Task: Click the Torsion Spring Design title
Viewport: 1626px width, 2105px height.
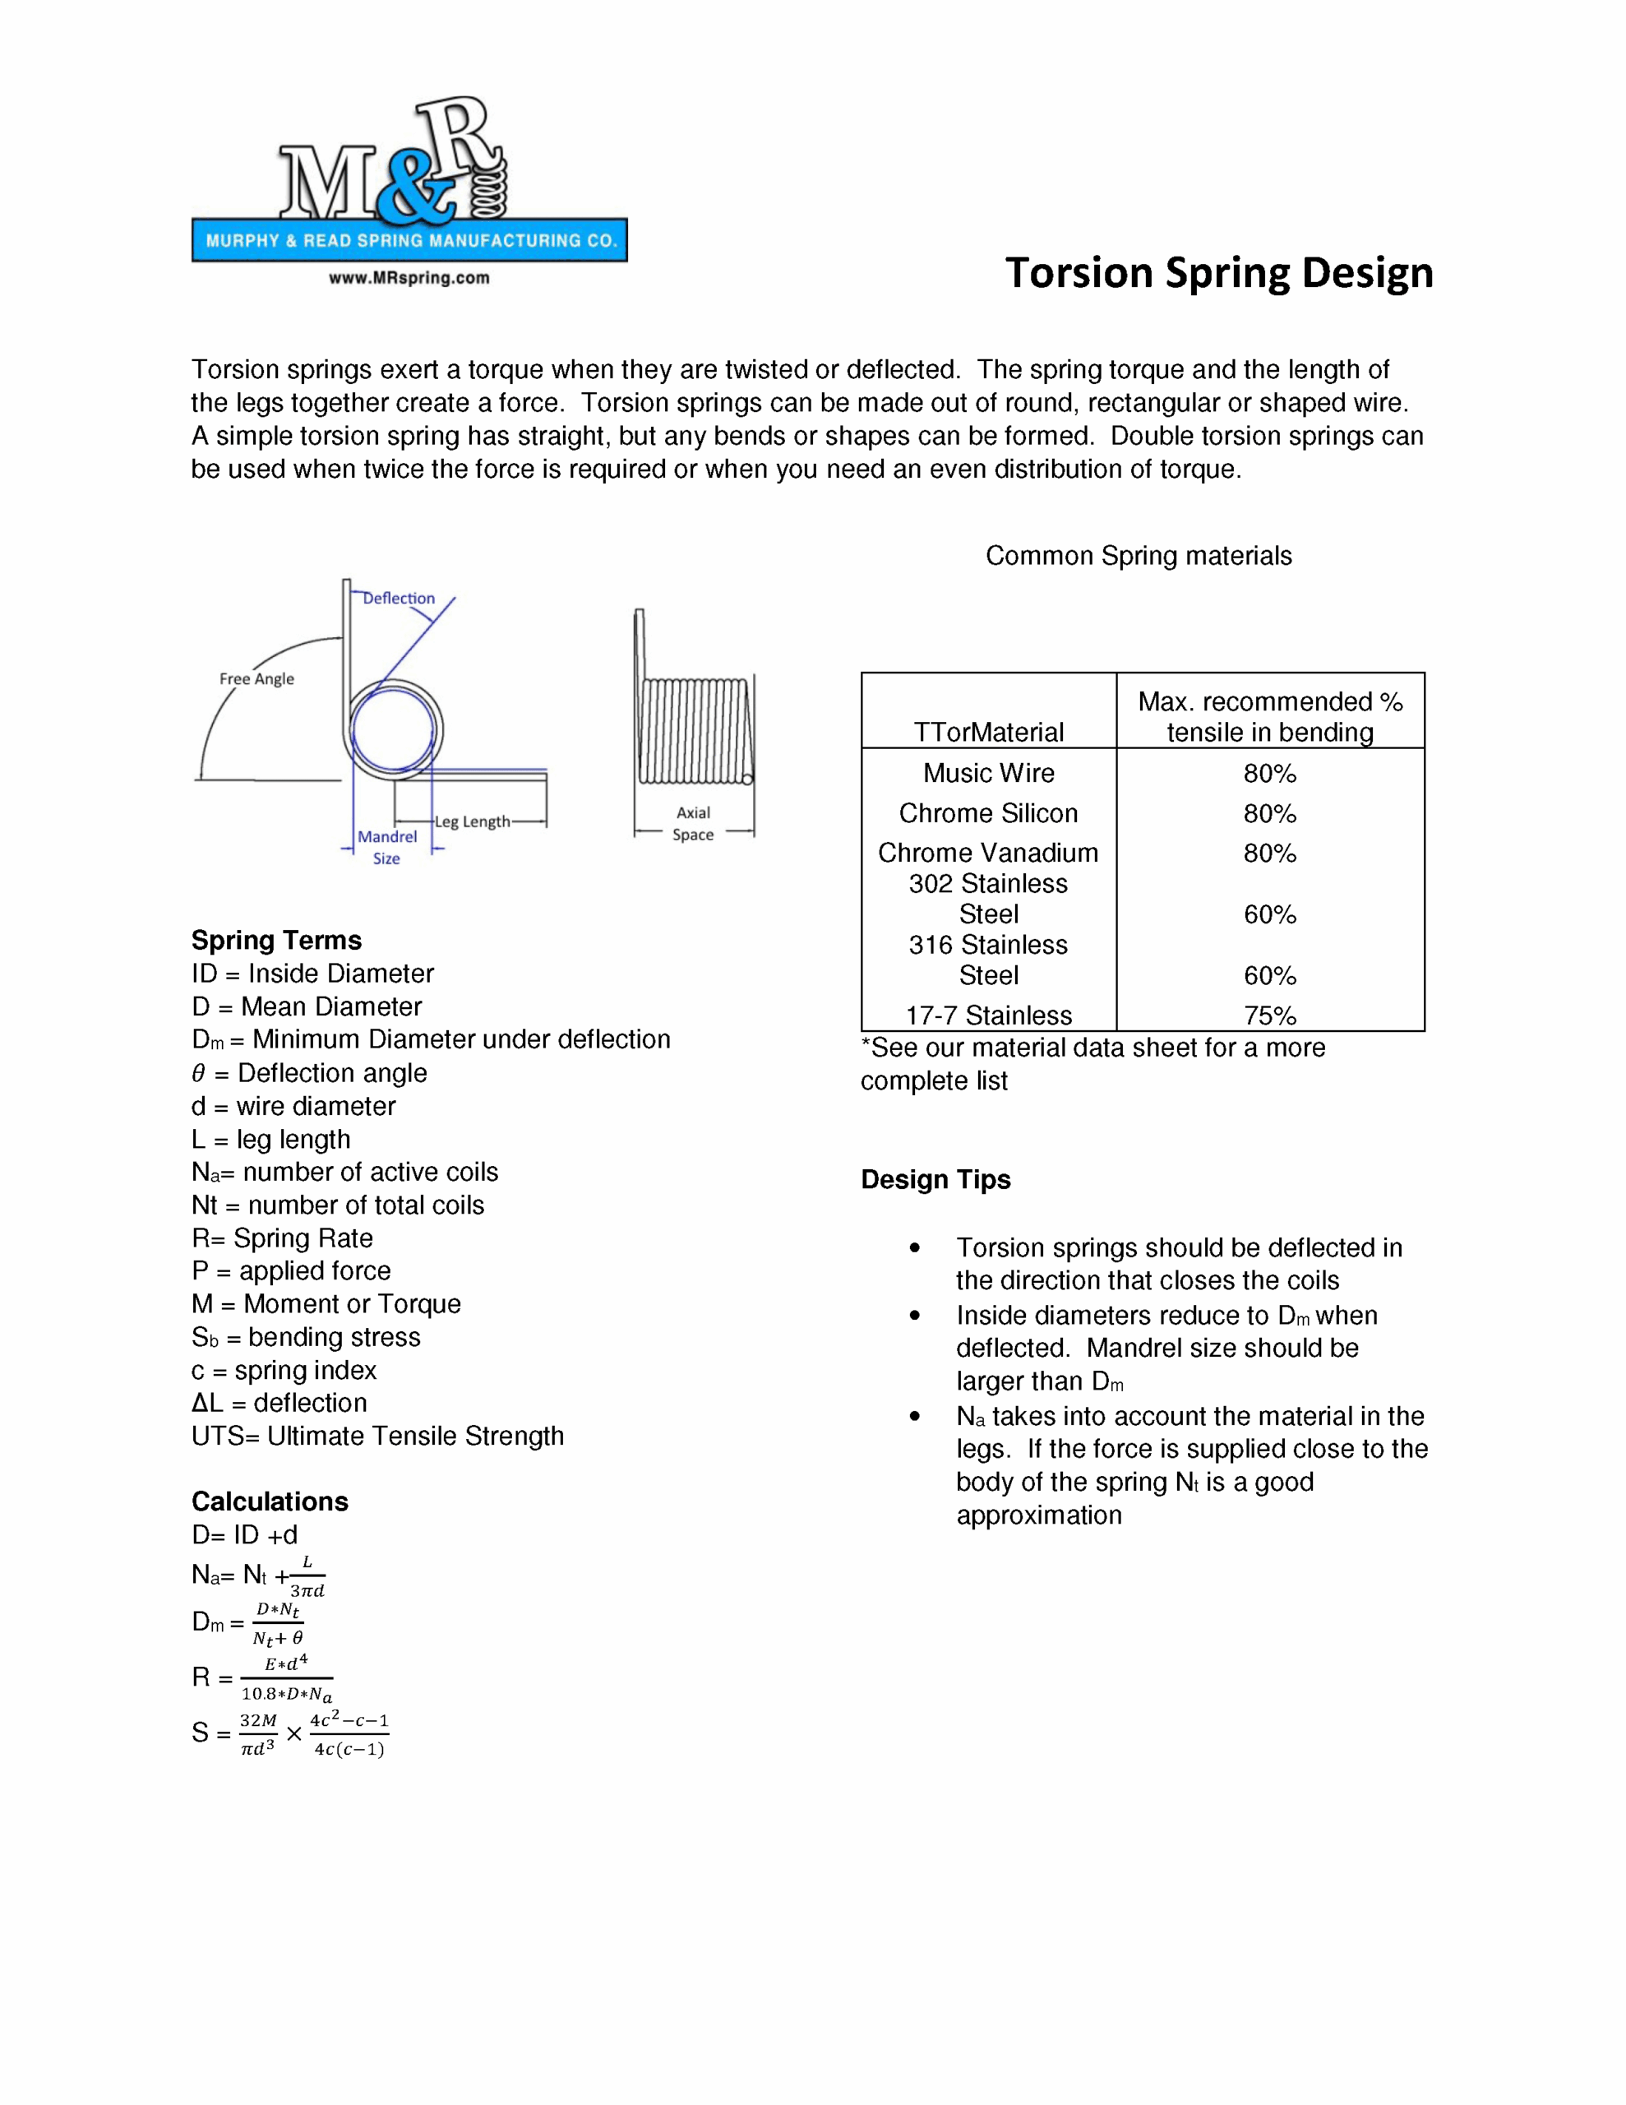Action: (x=1218, y=273)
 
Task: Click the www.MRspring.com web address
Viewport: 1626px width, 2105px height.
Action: (x=409, y=279)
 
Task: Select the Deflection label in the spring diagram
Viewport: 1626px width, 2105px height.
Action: (x=398, y=599)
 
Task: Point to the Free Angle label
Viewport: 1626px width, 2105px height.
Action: (x=256, y=678)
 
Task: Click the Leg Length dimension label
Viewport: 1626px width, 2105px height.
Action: (x=473, y=822)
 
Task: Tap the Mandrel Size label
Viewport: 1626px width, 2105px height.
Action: (x=386, y=847)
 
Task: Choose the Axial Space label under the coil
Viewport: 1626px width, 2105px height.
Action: (x=693, y=824)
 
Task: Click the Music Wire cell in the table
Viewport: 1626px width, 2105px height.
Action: (x=988, y=773)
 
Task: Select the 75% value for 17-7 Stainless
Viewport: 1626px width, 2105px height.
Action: (x=1269, y=1015)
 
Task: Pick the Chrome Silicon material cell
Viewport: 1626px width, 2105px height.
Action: (x=988, y=813)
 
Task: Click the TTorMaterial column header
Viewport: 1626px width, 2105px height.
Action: (x=988, y=733)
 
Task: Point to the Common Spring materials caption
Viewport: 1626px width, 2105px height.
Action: (x=1138, y=556)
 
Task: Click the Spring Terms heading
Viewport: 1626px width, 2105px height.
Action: (x=277, y=940)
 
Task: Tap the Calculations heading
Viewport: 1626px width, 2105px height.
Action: (x=270, y=1501)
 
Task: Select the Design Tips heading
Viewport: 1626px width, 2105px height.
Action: (x=935, y=1180)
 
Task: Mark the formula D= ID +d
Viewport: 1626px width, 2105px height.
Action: (x=245, y=1534)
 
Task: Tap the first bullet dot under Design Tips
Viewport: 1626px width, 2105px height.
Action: (x=915, y=1248)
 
